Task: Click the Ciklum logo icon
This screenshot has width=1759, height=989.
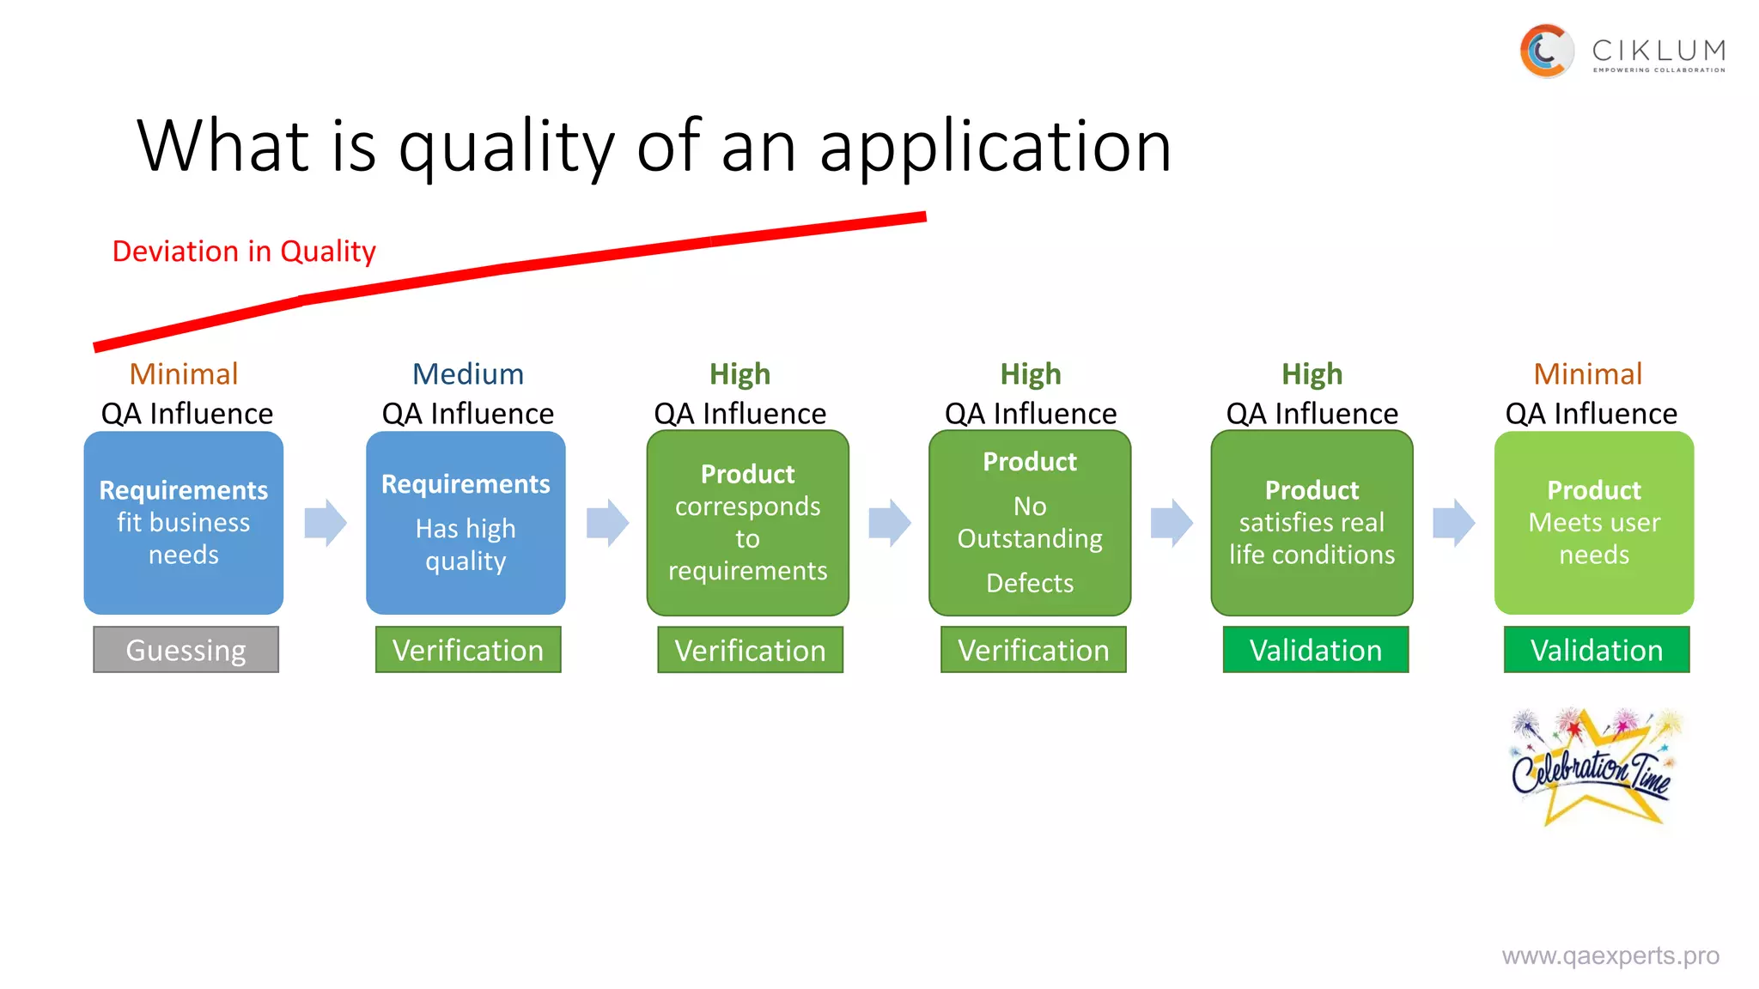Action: click(1546, 52)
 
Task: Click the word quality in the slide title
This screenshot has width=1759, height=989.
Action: click(506, 147)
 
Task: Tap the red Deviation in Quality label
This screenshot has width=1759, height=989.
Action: click(244, 252)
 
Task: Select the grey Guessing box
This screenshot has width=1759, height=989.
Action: click(186, 650)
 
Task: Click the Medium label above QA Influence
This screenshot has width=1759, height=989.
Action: click(467, 374)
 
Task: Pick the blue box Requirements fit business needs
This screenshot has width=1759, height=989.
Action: click(184, 523)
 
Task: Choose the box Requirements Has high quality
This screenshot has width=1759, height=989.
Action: click(466, 523)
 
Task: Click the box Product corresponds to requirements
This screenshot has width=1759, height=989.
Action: click(747, 523)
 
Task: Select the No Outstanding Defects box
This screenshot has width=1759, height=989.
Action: click(1030, 523)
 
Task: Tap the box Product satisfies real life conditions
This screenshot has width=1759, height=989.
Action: click(1312, 523)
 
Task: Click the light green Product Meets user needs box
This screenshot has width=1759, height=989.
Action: click(1594, 523)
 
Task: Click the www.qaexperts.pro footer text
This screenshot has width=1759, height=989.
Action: click(1610, 956)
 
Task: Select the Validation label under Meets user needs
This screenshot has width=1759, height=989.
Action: click(1597, 650)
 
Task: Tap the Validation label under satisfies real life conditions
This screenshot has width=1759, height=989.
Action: click(1316, 650)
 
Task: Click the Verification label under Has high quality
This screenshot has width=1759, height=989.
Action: click(468, 650)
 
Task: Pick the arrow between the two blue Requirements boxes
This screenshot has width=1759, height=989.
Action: click(326, 523)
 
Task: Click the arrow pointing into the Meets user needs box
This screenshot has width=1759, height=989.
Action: click(1453, 523)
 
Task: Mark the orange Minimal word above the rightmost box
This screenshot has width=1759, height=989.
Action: click(1587, 374)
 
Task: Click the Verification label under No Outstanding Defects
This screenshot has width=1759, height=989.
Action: click(1033, 650)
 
